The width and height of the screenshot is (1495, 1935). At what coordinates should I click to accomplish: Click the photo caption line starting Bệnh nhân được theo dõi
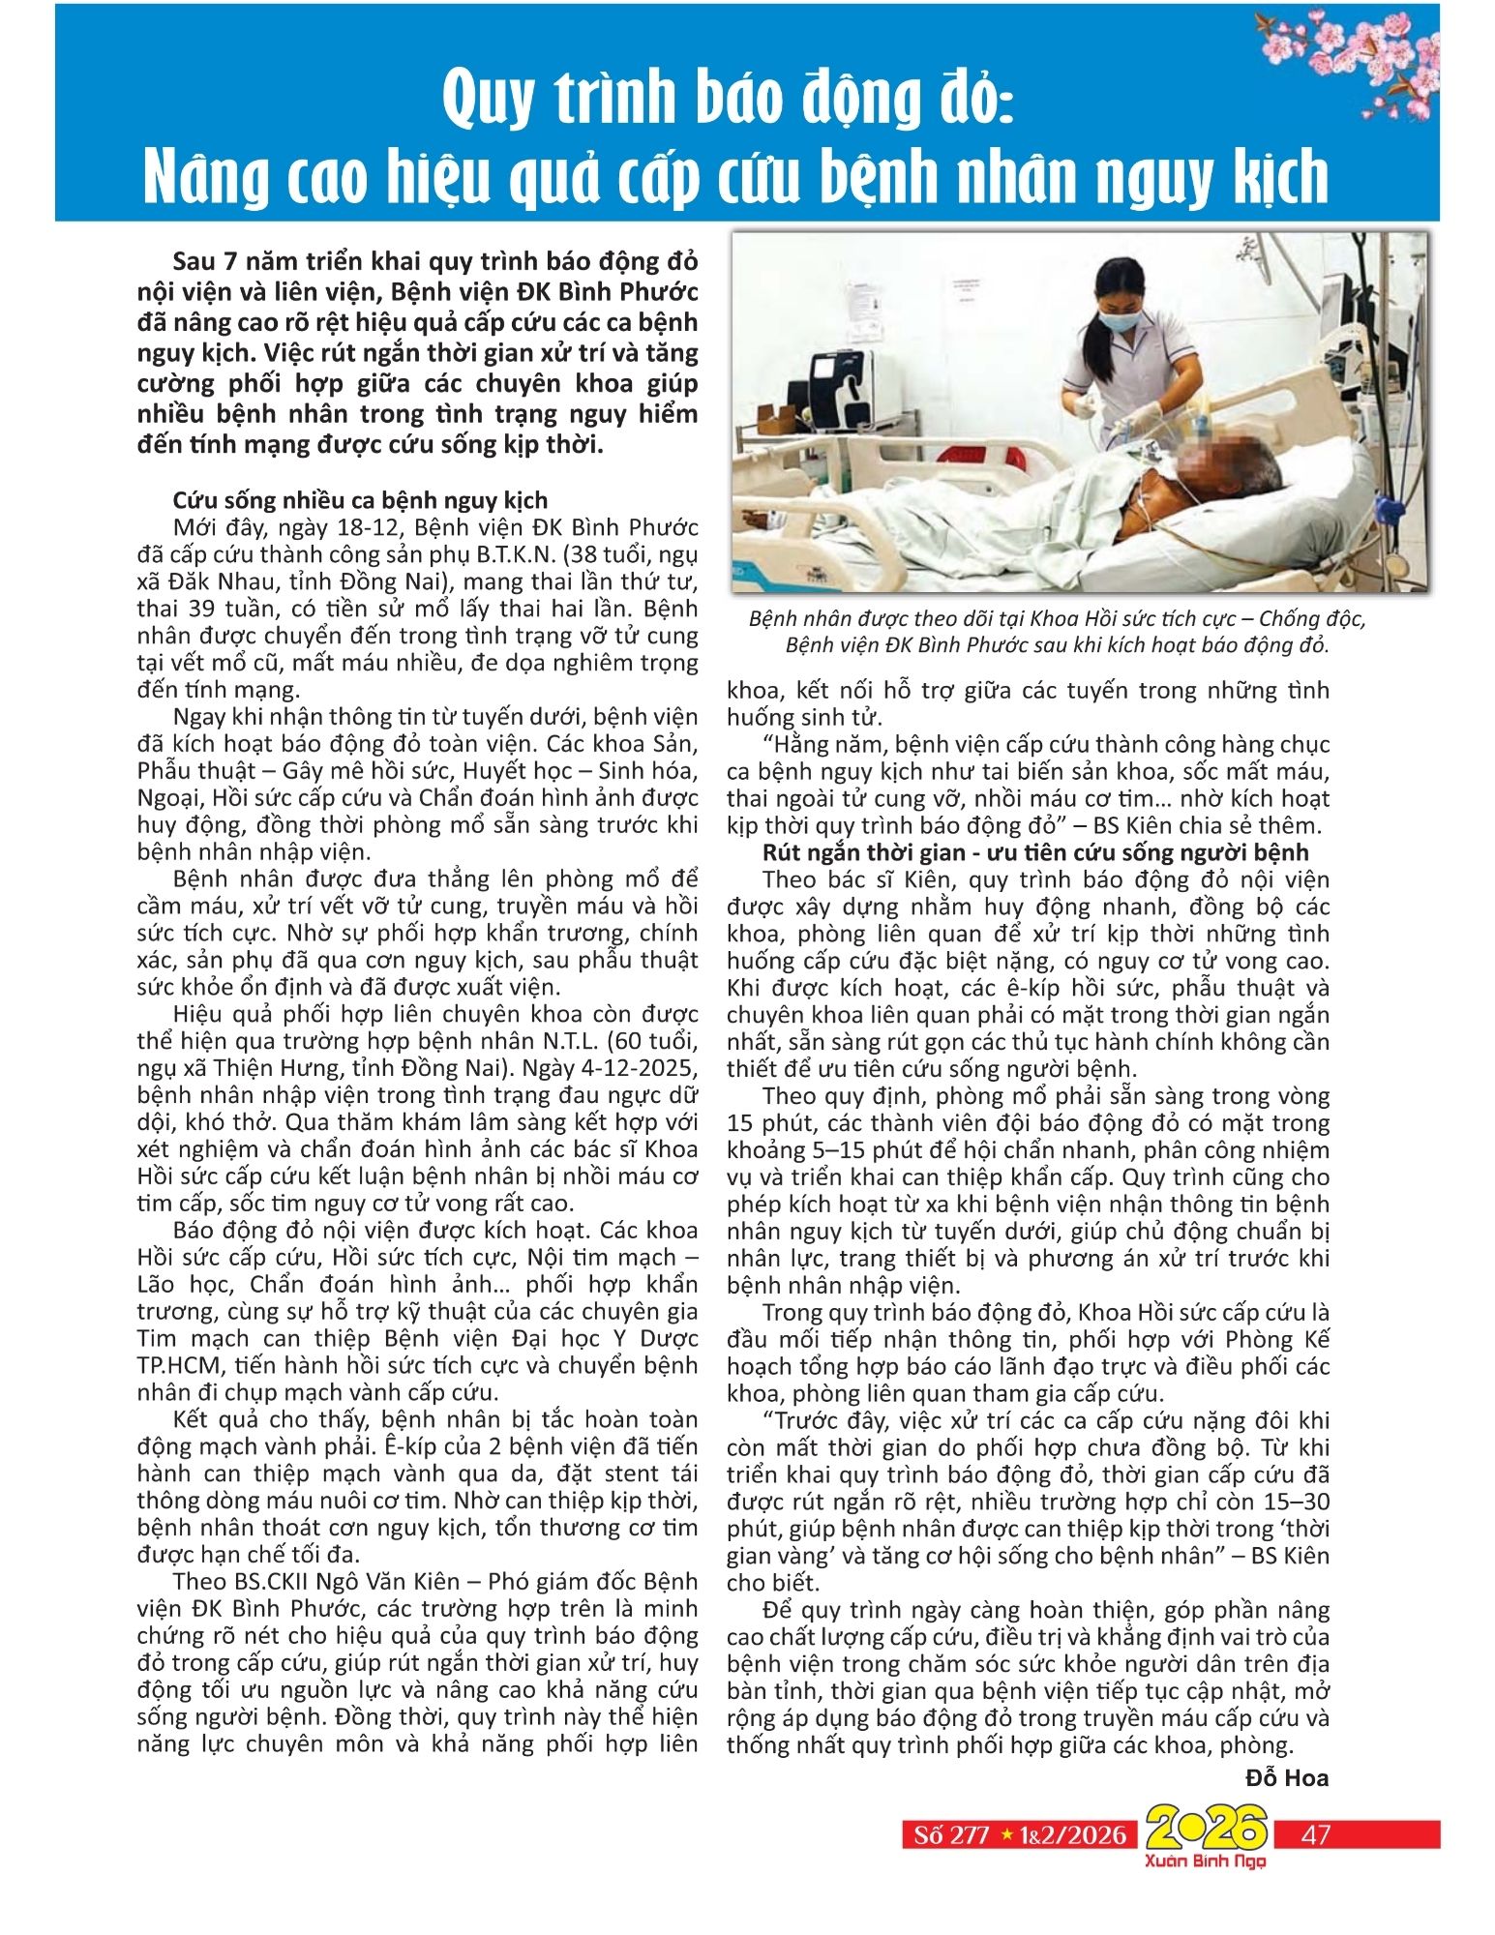coord(1057,619)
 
